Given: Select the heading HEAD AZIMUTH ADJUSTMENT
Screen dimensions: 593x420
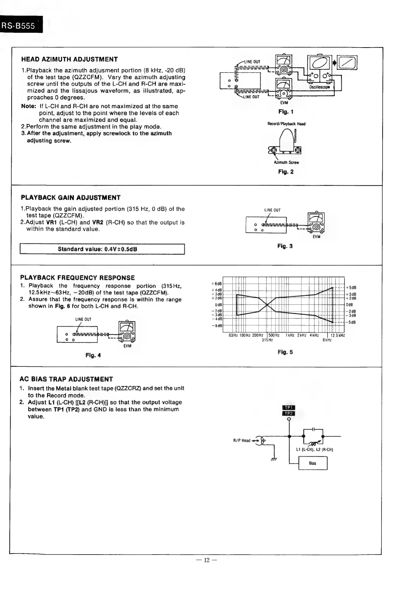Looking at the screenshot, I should click(69, 59).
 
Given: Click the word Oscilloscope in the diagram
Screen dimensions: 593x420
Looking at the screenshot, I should click(319, 87).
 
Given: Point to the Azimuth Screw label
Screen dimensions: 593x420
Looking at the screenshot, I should click(286, 162).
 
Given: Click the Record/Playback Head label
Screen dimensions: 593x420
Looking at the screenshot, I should click(286, 124).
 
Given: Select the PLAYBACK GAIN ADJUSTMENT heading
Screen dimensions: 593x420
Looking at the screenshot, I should click(71, 198).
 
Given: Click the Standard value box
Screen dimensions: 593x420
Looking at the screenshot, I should click(102, 249).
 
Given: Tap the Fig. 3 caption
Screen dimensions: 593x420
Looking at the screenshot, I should click(285, 246).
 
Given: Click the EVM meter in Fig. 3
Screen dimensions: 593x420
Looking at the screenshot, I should click(316, 222).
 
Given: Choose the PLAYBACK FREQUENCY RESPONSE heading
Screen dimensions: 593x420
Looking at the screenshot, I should click(78, 278).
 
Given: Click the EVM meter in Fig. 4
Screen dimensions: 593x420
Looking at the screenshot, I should click(127, 331).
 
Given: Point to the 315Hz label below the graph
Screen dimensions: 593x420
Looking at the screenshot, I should click(267, 340).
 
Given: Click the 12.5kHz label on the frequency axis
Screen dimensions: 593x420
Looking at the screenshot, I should click(337, 335).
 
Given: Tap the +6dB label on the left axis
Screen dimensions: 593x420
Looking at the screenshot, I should click(216, 284).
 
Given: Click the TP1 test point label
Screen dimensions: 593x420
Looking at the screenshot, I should click(289, 408).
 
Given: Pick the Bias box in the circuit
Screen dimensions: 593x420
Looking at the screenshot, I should click(313, 463).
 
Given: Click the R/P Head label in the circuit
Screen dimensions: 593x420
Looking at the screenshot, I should click(242, 440).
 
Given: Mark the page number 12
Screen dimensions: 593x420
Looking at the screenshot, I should click(207, 560).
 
